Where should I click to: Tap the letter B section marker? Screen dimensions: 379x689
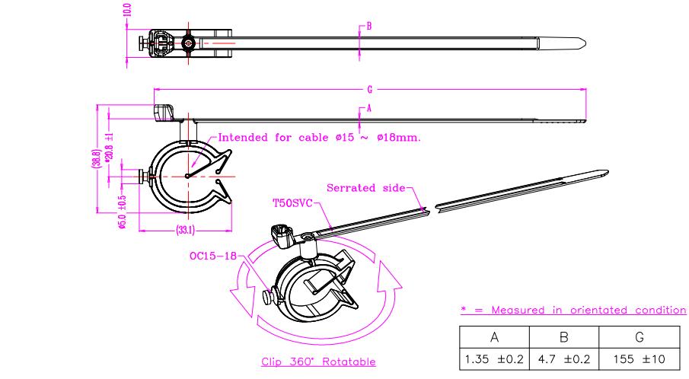tap(368, 26)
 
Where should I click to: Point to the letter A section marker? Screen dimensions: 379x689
tap(368, 108)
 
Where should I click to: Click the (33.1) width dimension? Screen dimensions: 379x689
tap(186, 228)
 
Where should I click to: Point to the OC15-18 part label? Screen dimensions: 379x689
tap(211, 255)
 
